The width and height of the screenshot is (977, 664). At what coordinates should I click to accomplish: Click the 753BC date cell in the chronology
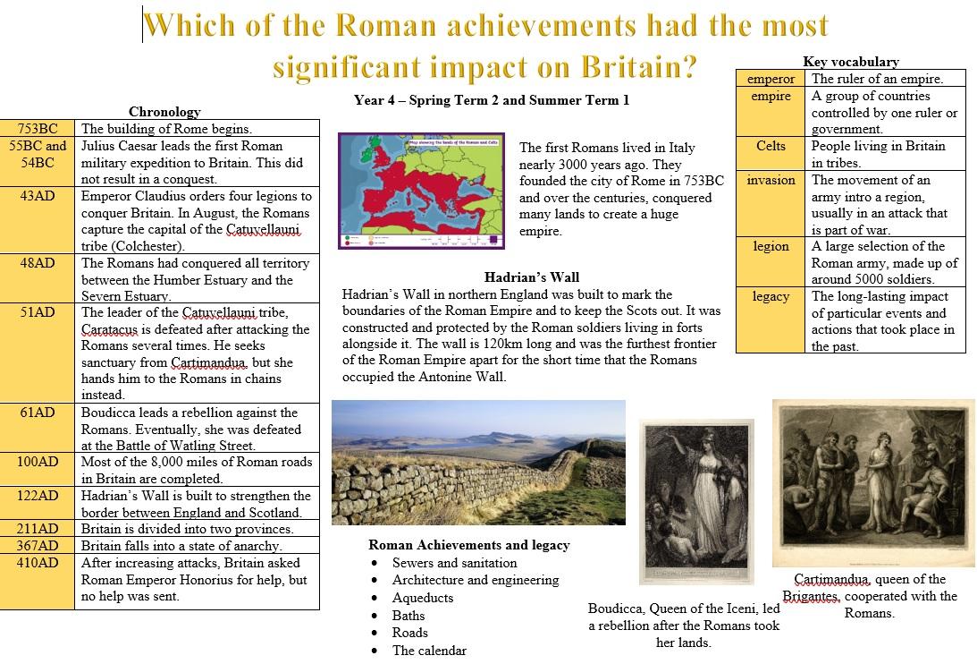pos(38,129)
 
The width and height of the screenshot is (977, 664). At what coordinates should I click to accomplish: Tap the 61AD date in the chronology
pos(38,413)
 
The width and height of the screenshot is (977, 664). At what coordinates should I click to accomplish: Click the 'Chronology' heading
pos(164,112)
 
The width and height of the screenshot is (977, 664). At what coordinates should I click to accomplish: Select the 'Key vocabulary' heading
pos(850,61)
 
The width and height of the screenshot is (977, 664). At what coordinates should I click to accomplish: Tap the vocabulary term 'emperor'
pos(771,79)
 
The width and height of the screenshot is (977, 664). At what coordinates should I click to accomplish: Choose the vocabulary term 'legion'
pos(771,246)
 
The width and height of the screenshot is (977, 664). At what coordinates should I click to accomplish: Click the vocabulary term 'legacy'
pos(771,296)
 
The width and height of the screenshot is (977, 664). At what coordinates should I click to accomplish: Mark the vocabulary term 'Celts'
pos(771,145)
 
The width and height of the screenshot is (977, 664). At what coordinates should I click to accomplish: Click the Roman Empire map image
pos(421,191)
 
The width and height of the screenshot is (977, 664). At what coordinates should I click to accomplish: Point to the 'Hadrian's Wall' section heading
pos(532,277)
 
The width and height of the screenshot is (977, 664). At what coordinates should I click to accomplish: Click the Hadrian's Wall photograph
pos(478,463)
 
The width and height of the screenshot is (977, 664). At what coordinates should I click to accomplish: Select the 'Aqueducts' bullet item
pos(423,598)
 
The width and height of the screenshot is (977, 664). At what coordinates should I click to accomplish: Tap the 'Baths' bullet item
pos(408,616)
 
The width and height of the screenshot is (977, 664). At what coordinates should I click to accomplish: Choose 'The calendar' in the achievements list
pos(429,651)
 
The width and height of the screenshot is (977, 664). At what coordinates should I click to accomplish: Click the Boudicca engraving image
pos(696,502)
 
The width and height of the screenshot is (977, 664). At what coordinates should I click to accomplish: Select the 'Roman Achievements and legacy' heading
pos(469,545)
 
